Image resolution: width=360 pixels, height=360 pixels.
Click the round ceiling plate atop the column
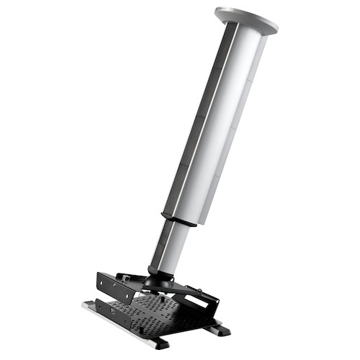pos(246,19)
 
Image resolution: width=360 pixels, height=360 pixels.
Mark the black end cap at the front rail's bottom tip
pos(162,344)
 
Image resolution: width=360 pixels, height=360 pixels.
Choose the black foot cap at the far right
pos(219,330)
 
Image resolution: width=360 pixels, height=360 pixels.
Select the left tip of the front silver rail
pos(85,305)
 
